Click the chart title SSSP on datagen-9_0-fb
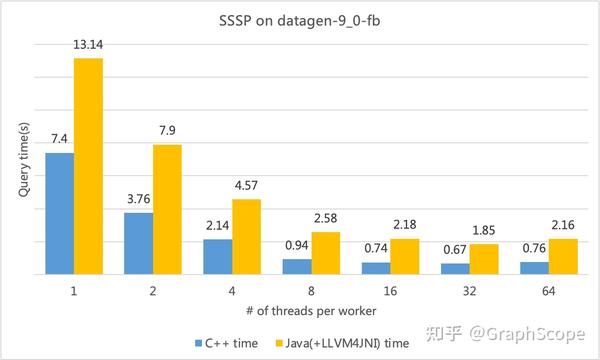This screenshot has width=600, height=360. coord(299,22)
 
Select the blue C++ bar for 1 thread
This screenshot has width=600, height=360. coord(59,213)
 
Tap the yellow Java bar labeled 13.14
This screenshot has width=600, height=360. coord(89,166)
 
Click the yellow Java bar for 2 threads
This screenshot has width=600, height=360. coord(168,209)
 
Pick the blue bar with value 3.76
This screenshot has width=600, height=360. coord(138,243)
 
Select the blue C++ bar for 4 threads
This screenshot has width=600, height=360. coord(217,256)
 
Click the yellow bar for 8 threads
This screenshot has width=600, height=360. coord(326,253)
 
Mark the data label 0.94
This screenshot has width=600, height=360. coord(296,245)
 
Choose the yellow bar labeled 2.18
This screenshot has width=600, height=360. coord(405,256)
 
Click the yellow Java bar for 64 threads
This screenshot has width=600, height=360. coord(563,256)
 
